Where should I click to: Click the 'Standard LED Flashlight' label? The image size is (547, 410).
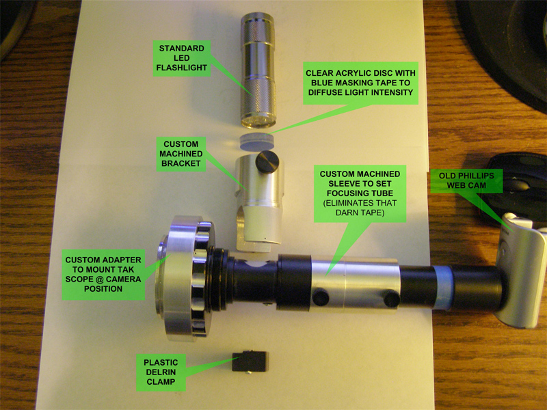182,58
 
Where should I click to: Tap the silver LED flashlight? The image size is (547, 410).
258,70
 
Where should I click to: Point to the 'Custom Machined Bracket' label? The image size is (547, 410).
181,154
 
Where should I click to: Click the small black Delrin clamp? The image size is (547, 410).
250,361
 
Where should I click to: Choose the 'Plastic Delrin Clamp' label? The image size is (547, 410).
161,372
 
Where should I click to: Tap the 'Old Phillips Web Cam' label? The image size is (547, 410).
466,180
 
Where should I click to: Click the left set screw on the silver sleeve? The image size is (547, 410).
321,298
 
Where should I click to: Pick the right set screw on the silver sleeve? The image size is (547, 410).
392,299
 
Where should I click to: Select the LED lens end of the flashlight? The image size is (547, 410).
258,121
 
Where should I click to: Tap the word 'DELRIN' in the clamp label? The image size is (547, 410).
161,372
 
